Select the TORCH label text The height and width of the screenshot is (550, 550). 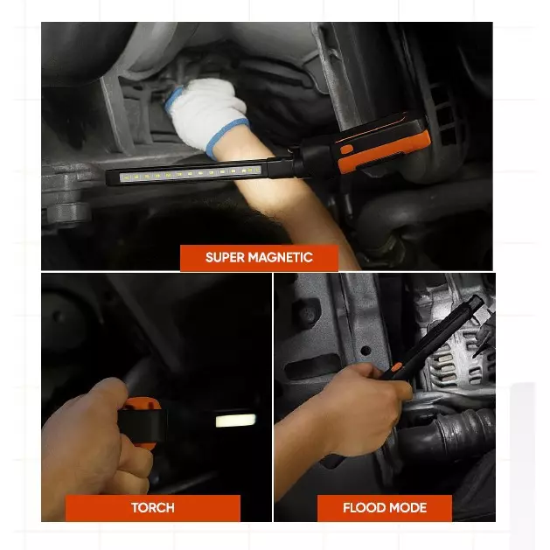pos(153,507)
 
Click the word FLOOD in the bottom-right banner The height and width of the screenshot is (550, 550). pos(364,507)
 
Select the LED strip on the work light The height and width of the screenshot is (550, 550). pos(191,174)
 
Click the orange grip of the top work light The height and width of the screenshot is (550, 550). pos(384,150)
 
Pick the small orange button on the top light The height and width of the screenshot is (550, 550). pos(346,149)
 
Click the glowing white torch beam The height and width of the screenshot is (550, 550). pos(236,421)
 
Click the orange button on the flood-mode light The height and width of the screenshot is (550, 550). pos(396,367)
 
